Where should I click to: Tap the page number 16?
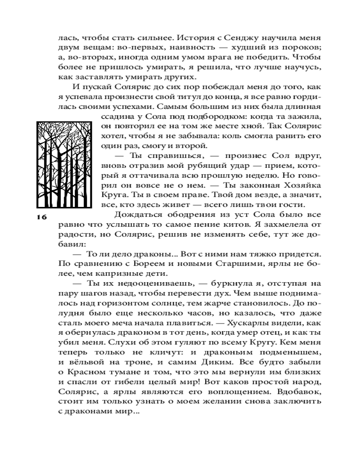coord(42,217)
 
